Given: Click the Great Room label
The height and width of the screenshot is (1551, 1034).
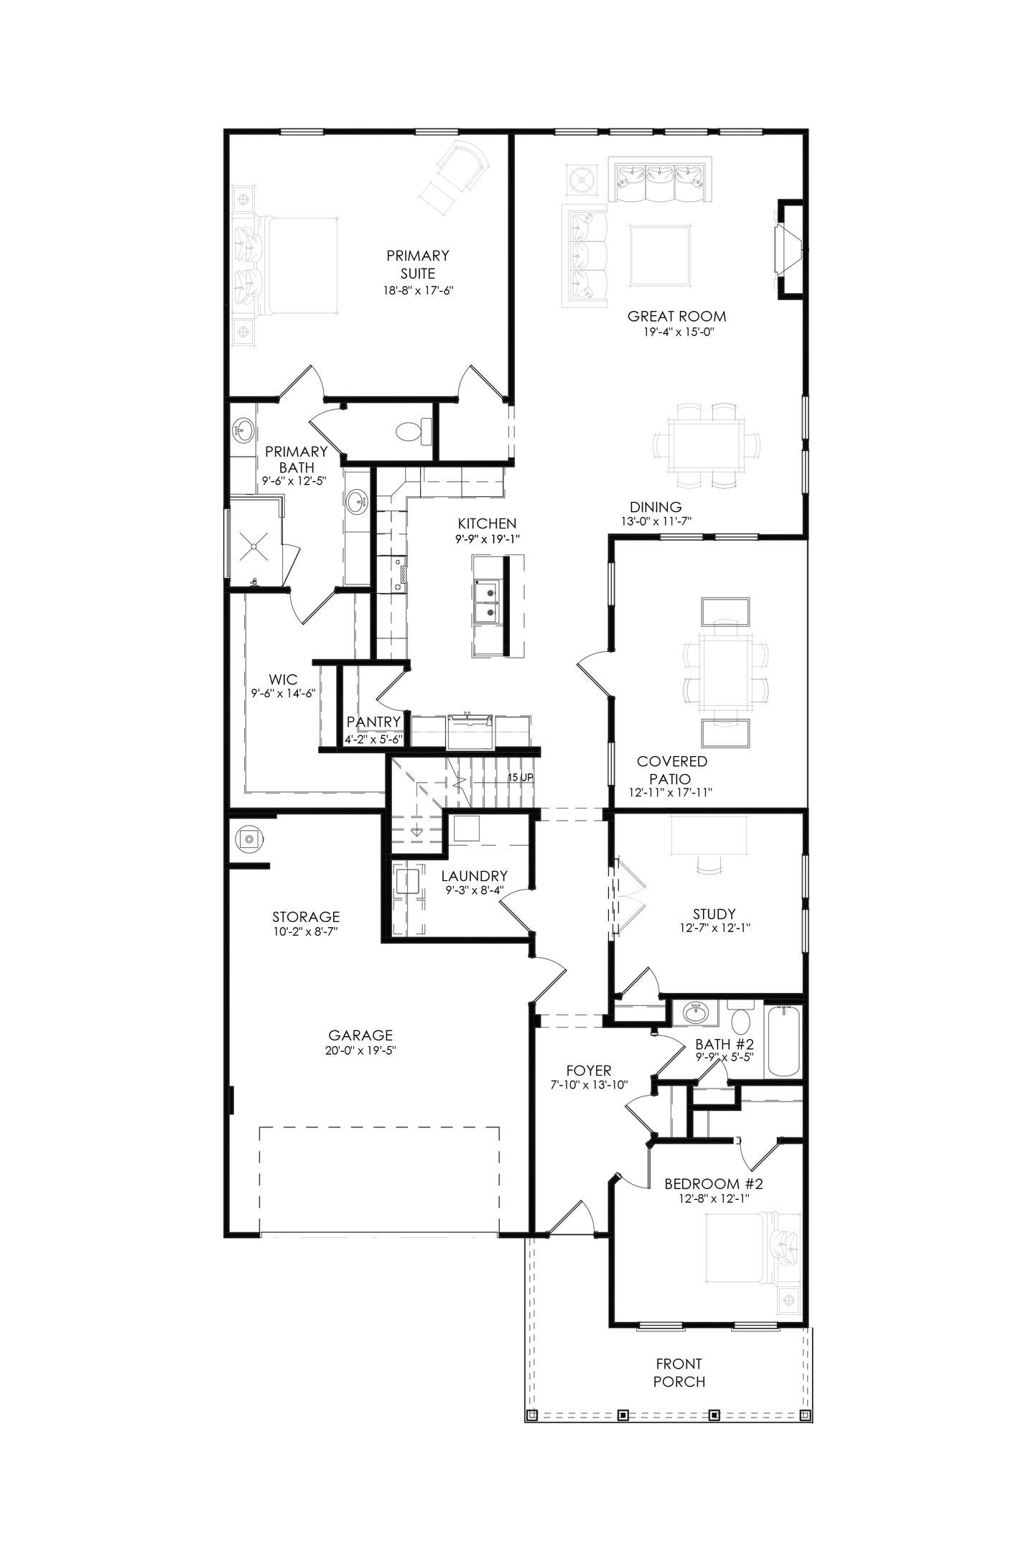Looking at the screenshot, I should [676, 316].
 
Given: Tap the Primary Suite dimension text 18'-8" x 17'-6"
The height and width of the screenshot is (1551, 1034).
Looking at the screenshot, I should [419, 291].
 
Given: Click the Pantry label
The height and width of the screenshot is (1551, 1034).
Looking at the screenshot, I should [373, 722].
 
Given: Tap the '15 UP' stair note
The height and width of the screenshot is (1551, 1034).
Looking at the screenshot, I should [521, 778].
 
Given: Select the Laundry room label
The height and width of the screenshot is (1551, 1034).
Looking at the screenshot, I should [474, 876].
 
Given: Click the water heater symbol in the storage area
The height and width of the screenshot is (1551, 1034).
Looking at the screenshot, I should [249, 838].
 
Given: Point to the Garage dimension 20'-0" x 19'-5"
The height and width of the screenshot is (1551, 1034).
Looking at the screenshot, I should [360, 1051].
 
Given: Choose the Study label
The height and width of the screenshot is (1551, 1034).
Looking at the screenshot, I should [714, 914].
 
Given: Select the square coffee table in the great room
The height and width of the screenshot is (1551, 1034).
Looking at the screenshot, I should [661, 256].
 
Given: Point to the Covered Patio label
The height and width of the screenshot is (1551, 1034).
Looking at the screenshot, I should [671, 770].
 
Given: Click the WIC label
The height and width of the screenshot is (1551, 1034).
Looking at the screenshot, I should [283, 679].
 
